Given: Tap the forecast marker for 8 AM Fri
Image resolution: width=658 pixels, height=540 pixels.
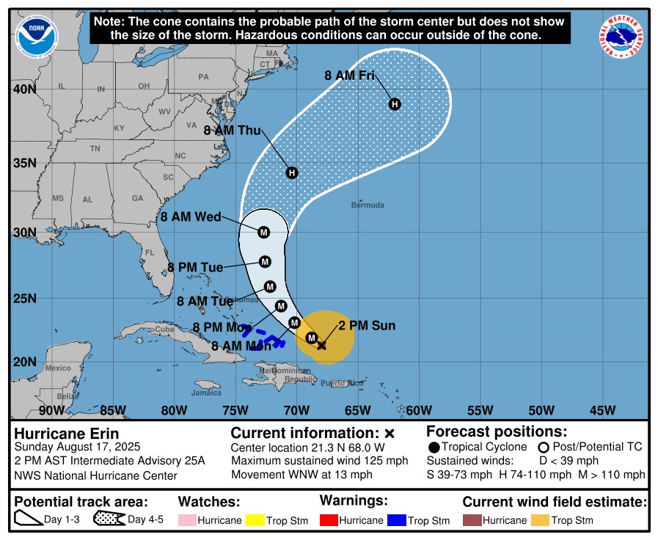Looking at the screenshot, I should (395, 104).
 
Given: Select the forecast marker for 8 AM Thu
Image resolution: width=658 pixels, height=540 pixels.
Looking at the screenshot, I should (292, 172).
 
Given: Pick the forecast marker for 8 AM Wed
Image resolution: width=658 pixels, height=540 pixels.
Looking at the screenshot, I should (264, 232).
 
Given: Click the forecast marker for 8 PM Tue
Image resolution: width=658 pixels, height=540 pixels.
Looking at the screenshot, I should (265, 262).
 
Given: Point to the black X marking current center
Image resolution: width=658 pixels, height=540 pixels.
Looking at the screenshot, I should (321, 344).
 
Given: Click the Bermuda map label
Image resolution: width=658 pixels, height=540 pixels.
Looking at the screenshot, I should (368, 205).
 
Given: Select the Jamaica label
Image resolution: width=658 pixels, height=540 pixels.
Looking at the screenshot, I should (206, 393).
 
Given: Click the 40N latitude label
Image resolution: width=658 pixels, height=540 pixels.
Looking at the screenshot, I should (25, 89).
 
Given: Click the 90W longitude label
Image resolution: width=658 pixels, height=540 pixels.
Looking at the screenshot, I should (52, 409).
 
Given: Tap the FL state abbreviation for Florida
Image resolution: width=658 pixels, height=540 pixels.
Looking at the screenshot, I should (150, 252).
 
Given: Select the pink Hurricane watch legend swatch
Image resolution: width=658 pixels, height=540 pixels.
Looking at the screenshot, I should (189, 520).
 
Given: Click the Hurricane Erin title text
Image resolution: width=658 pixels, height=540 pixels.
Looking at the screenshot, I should (67, 434).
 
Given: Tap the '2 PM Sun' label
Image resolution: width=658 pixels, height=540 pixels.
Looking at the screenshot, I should (367, 326).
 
